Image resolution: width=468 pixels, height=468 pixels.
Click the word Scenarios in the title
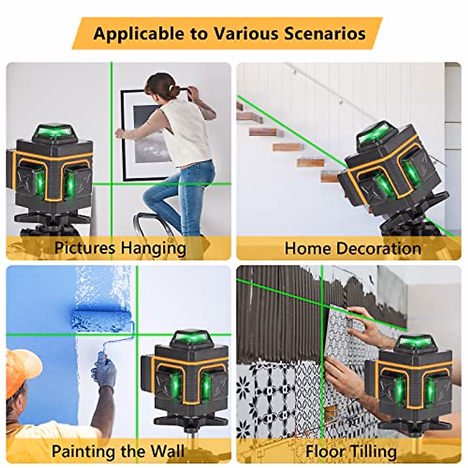tap(324, 33)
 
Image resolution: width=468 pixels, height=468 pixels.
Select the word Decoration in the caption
tap(379, 248)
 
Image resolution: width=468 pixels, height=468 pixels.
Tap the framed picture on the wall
tap(146, 133)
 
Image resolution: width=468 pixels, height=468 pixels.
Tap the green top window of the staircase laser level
tap(374, 133)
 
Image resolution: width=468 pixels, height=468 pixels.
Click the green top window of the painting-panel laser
tap(191, 337)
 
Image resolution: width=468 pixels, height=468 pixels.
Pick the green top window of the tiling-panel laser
tap(416, 342)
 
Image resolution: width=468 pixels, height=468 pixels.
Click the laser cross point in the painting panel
tap(137, 334)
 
